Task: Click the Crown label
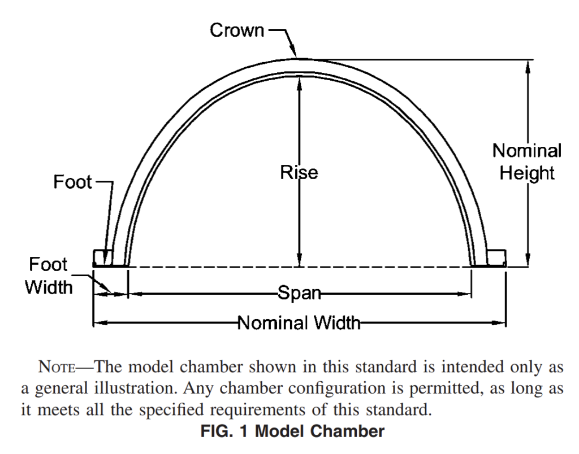237,30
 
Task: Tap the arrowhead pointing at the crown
292,51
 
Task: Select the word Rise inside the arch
299,172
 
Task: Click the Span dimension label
299,293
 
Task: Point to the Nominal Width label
299,322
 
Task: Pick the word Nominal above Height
527,151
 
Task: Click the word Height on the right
527,173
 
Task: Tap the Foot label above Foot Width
72,182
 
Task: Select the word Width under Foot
49,287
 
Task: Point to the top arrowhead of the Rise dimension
300,84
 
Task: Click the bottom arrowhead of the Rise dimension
300,260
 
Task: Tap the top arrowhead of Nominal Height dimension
528,67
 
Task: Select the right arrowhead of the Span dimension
465,294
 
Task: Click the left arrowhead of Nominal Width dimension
100,323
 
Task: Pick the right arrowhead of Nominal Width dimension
499,323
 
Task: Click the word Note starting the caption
57,367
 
